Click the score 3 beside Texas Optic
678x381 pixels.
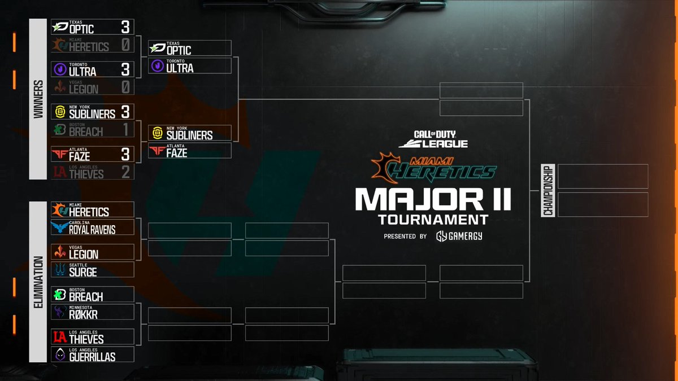(x=125, y=27)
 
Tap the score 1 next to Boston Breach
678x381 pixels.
(x=125, y=130)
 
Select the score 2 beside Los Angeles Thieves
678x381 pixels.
(x=125, y=172)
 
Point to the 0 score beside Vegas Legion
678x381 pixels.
(x=125, y=87)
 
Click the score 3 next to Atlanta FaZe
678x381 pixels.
(x=125, y=154)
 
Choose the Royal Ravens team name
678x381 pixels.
(x=92, y=229)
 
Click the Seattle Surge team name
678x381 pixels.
(x=82, y=271)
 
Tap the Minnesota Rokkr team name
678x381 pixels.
(x=79, y=314)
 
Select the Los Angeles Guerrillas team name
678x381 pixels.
(x=92, y=357)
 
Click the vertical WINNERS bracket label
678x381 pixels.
(x=38, y=99)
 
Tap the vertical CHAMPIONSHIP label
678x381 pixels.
(x=547, y=190)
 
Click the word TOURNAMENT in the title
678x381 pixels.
(x=433, y=219)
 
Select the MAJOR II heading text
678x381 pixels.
(x=433, y=199)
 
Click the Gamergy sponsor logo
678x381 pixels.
(x=459, y=236)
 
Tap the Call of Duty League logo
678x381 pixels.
(x=433, y=139)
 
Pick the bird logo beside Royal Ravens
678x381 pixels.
(x=60, y=227)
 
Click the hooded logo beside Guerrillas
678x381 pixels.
(x=60, y=354)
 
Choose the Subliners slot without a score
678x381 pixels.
(x=189, y=133)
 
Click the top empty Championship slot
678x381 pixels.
(x=602, y=176)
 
